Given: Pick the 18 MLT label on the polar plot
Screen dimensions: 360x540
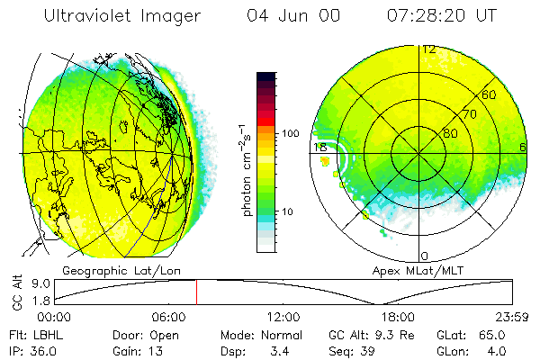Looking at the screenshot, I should coord(319,147).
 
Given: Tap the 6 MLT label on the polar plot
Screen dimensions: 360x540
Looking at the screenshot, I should coord(523,147).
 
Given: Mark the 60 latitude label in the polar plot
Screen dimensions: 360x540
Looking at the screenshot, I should coord(490,94).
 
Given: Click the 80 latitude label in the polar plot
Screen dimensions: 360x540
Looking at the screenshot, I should coord(453,132).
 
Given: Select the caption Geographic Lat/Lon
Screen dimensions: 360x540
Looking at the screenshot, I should coord(108,270).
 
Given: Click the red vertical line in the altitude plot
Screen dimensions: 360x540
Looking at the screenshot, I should coord(196,292).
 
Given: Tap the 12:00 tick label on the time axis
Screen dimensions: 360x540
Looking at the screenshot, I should coord(283,317).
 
